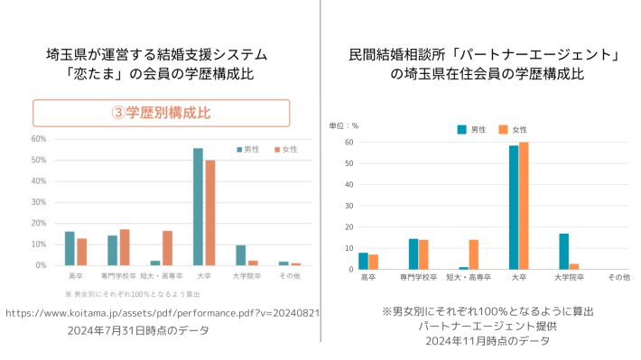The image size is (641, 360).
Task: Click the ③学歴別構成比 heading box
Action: coord(162,113)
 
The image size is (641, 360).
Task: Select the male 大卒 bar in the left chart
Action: coord(198,207)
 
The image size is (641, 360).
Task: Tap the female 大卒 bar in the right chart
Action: coord(524,206)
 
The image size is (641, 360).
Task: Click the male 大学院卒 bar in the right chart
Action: coord(564,251)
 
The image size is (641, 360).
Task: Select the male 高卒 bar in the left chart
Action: coord(70,248)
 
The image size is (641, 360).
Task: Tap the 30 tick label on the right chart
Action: coord(348,206)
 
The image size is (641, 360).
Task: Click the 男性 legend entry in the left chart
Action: coord(248,149)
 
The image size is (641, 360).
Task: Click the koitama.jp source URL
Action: coord(162,313)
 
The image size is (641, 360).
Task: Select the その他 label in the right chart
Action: coord(618,277)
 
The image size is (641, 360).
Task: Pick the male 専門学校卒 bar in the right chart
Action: coord(413,254)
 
